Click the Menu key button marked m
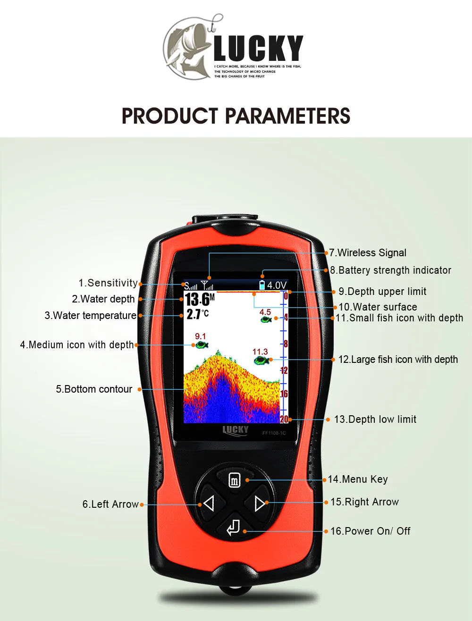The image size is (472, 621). [x=235, y=480]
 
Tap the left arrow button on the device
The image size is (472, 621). [x=209, y=504]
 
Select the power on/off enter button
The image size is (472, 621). [x=234, y=528]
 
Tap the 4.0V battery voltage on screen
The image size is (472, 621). [x=277, y=285]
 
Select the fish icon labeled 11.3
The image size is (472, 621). [x=261, y=361]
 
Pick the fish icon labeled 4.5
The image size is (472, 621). [x=266, y=319]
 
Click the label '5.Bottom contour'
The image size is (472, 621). [x=94, y=389]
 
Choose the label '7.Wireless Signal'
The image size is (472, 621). [x=368, y=253]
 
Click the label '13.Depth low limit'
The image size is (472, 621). [x=375, y=420]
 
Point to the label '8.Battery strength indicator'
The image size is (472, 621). [x=390, y=270]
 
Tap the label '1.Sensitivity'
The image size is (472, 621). [x=108, y=283]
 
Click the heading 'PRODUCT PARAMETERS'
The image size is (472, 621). [x=236, y=116]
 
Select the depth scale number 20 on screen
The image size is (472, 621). [x=284, y=419]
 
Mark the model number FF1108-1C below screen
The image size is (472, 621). [x=274, y=433]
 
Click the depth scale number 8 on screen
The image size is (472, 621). [x=286, y=344]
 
